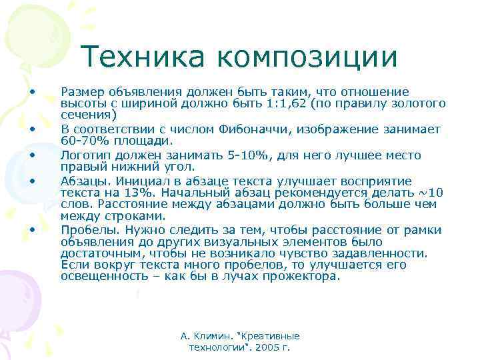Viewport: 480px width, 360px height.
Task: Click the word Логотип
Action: point(83,155)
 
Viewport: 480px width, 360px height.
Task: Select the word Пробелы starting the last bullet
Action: point(87,230)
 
